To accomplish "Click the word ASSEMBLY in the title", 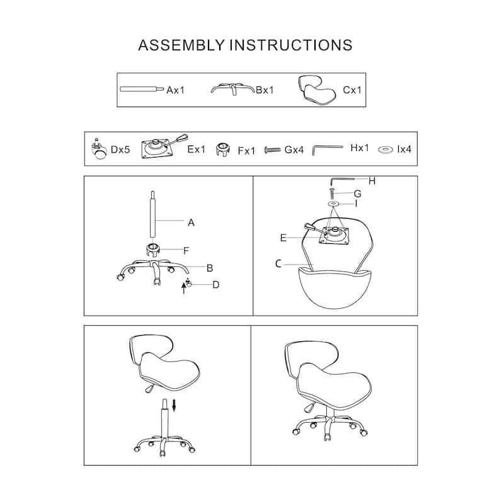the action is pos(181,45).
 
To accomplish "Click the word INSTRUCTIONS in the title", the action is pos(290,45).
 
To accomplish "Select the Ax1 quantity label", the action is pos(176,90).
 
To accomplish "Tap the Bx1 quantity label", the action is pos(265,90).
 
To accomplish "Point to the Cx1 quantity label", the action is pos(352,90).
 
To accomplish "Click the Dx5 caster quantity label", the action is pos(120,149).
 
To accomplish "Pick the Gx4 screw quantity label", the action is pos(294,150).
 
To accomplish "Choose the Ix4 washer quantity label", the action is pos(404,149).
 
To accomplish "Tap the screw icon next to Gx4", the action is pos(272,150).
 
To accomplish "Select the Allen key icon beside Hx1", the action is pos(327,150).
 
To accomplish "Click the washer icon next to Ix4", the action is pos(386,149).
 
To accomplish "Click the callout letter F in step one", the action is pos(186,251).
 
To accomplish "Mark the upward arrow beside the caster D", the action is pos(184,288).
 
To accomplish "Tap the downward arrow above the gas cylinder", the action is pos(175,405).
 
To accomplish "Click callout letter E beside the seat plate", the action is pos(283,238).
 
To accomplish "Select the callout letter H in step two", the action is pos(372,181).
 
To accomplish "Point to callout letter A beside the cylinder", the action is pos(192,222).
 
